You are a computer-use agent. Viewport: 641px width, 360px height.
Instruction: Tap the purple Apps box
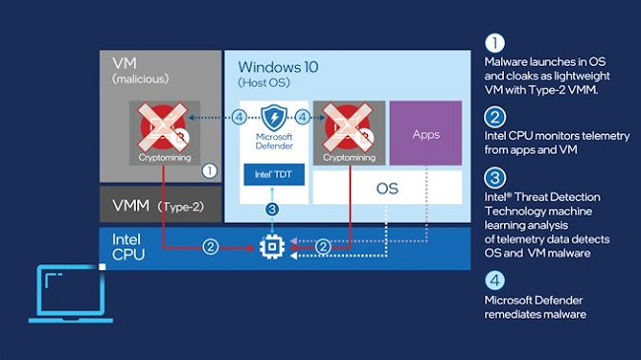(x=426, y=134)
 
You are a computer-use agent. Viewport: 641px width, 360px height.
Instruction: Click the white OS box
(x=388, y=186)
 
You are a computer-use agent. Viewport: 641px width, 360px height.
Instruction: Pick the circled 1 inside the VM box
(x=208, y=170)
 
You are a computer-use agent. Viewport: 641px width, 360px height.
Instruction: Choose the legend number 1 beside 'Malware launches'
(x=494, y=44)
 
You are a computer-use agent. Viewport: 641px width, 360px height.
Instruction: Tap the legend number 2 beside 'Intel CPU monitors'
(x=494, y=114)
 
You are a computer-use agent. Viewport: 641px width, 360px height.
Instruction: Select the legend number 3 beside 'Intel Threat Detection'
(x=494, y=177)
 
